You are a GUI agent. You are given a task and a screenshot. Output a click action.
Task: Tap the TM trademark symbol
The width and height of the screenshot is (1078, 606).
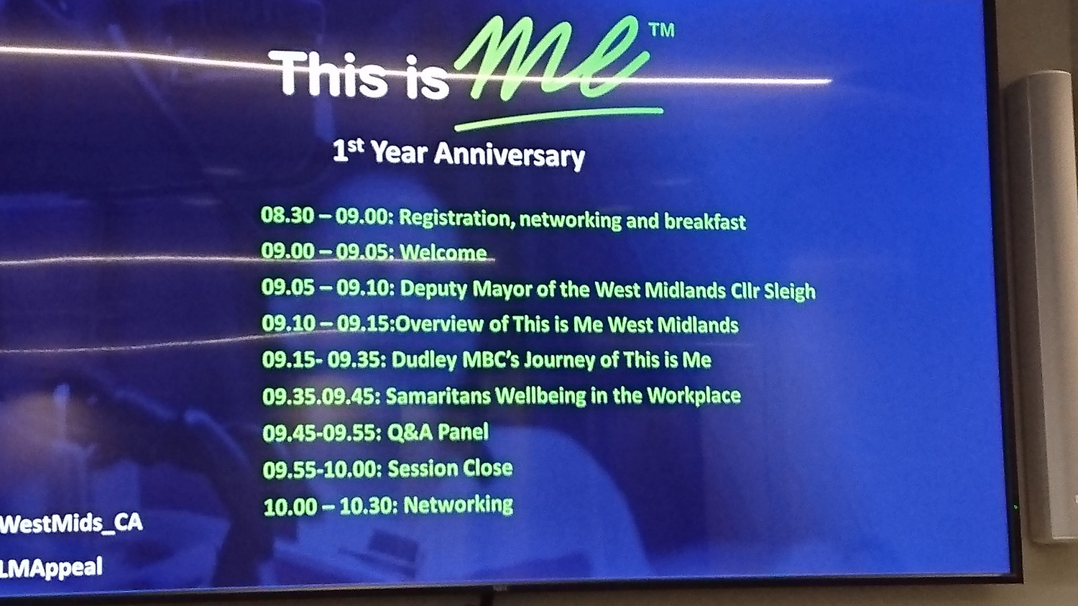[x=662, y=30]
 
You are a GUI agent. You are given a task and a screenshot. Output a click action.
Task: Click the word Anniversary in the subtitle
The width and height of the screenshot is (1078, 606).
[x=509, y=155]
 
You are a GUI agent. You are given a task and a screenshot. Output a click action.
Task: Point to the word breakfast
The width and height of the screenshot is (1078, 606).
[x=704, y=221]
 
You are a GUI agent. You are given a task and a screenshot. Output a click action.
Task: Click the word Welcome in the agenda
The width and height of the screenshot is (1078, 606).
[x=443, y=252]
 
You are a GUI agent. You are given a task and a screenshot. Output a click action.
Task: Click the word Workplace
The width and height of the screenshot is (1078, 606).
[x=694, y=395]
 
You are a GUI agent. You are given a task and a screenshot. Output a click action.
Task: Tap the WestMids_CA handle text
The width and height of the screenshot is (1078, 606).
[x=71, y=523]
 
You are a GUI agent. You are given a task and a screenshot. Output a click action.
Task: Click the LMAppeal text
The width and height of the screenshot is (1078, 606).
[x=51, y=567]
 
